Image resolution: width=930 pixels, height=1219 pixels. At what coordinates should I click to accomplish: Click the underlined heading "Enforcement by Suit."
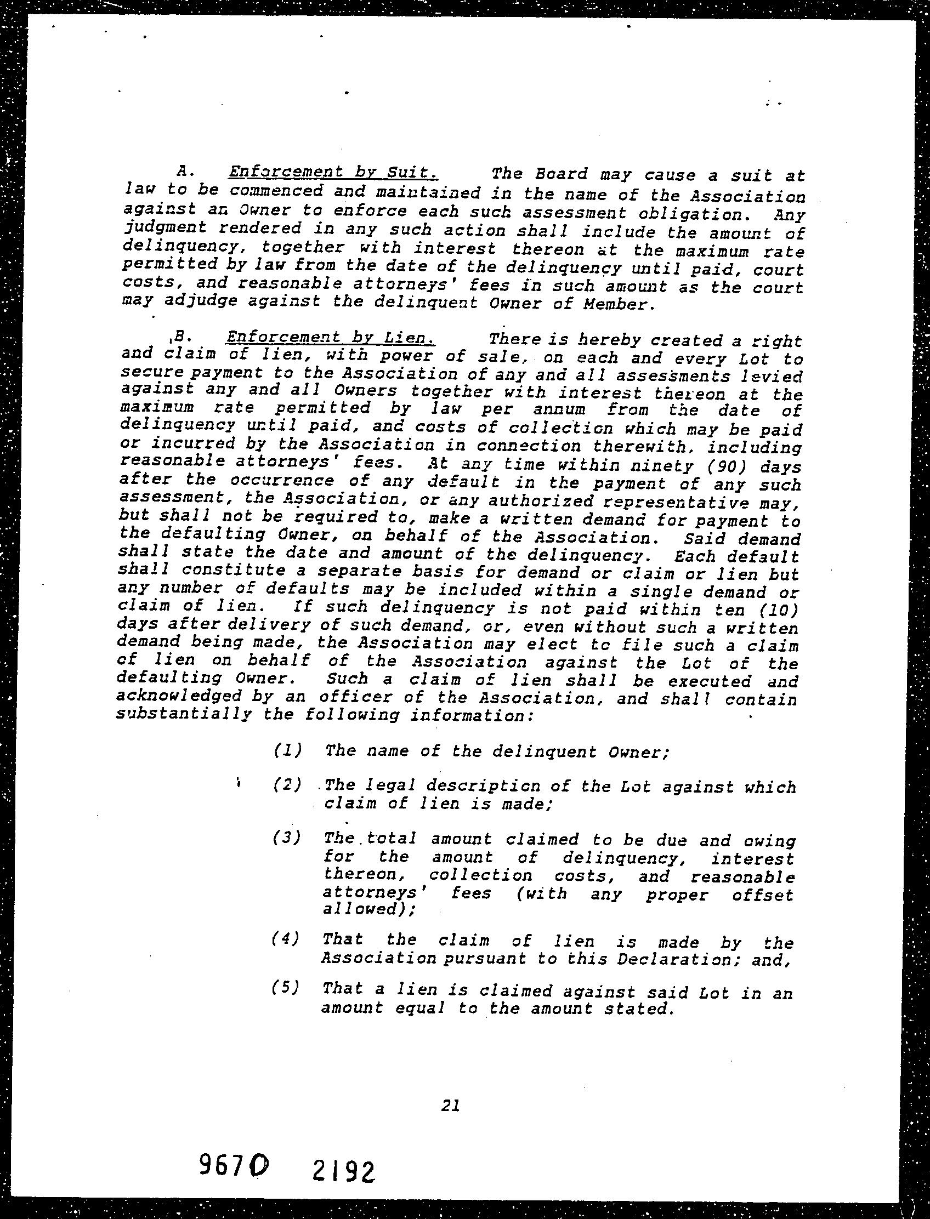pyautogui.click(x=333, y=172)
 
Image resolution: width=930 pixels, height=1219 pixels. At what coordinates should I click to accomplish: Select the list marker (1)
pyautogui.click(x=287, y=750)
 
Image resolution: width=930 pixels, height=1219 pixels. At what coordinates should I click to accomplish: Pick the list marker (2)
pyautogui.click(x=287, y=785)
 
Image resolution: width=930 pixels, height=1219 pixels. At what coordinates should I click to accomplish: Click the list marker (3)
pyautogui.click(x=287, y=838)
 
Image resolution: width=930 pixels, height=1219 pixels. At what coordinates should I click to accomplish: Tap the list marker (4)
pyautogui.click(x=286, y=938)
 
